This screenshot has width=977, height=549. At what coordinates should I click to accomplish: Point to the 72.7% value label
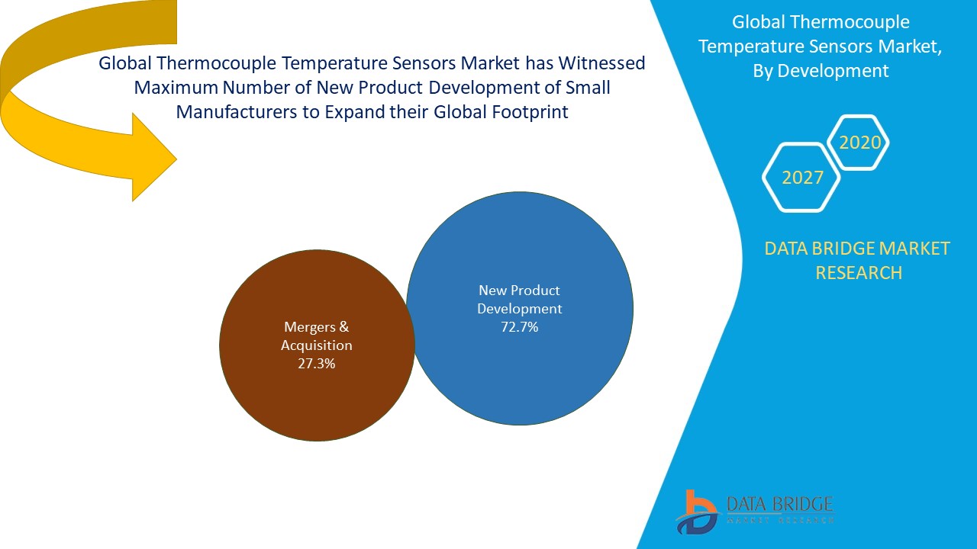[519, 327]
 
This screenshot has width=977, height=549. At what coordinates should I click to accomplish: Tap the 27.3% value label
[317, 364]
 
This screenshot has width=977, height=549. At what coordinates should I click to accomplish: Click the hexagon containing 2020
[859, 143]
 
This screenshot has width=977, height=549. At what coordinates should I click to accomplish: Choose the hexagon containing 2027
[802, 178]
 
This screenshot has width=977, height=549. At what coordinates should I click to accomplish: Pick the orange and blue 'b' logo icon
[695, 512]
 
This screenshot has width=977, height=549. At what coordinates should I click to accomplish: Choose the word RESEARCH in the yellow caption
[859, 272]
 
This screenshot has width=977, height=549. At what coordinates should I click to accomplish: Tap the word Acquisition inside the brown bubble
[317, 345]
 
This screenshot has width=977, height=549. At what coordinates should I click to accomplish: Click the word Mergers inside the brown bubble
[310, 327]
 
